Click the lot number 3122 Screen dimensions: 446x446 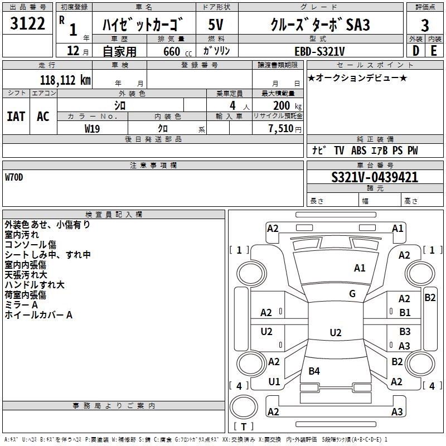28,24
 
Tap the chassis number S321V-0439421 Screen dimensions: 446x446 375,178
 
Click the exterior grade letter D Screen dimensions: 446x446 416,51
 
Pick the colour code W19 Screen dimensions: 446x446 93,128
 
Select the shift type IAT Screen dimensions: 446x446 16,116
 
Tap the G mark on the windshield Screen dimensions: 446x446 352,294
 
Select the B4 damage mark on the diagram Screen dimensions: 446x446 314,371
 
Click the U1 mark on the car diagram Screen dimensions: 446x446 274,382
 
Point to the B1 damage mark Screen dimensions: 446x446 405,313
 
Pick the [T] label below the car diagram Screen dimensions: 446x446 244,427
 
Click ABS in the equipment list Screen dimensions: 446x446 358,151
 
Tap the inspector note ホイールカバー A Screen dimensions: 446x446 38,315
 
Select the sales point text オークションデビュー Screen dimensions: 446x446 357,77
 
